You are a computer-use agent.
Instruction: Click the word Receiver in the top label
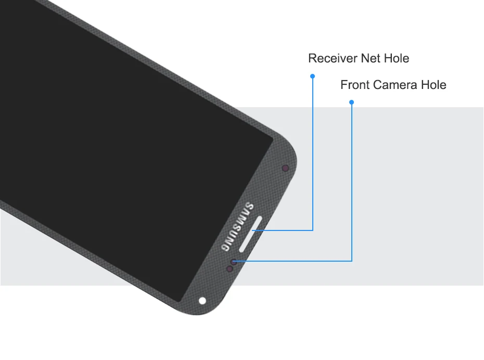tap(332, 58)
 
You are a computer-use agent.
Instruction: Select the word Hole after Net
tap(397, 58)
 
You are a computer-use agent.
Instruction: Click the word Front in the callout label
tap(353, 85)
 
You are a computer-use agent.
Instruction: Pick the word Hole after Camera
tap(434, 85)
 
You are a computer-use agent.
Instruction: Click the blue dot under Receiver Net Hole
tap(313, 76)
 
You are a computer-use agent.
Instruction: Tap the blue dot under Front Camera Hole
tap(352, 102)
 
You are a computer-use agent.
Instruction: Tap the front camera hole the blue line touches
tap(234, 261)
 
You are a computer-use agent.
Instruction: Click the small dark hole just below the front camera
tap(229, 268)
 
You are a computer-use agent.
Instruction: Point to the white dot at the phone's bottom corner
tap(202, 300)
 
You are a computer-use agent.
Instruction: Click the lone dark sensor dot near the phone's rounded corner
tap(285, 168)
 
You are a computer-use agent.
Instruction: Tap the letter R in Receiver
tap(312, 58)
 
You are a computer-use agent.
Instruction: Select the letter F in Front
tap(343, 85)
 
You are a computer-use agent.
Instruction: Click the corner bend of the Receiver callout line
tap(313, 230)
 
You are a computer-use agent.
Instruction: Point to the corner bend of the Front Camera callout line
tap(352, 260)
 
